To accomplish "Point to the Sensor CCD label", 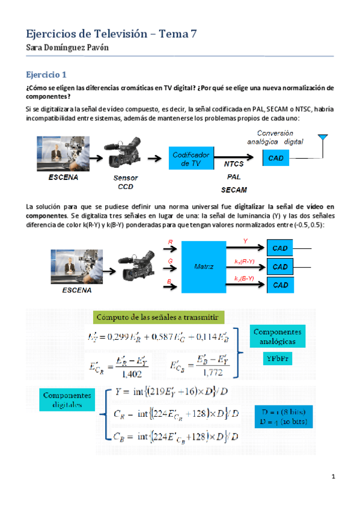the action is pos(126,182).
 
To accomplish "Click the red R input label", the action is pos(170,242).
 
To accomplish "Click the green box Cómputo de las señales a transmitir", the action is pos(159,317).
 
